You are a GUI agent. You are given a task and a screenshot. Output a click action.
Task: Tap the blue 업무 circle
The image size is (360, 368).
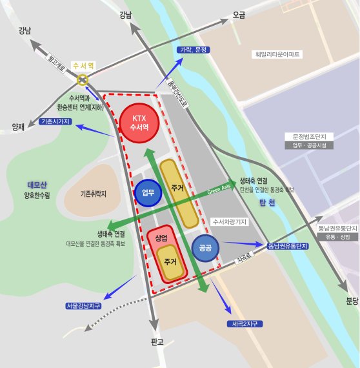148,192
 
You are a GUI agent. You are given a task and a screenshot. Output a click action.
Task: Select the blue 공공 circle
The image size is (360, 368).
206,247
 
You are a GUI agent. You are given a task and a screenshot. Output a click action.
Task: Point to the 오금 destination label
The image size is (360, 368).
239,14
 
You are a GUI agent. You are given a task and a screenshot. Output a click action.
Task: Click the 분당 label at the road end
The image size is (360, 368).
351,300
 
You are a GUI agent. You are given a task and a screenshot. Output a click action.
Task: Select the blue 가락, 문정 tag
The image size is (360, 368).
192,50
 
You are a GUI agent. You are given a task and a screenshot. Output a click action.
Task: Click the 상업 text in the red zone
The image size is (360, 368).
161,238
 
